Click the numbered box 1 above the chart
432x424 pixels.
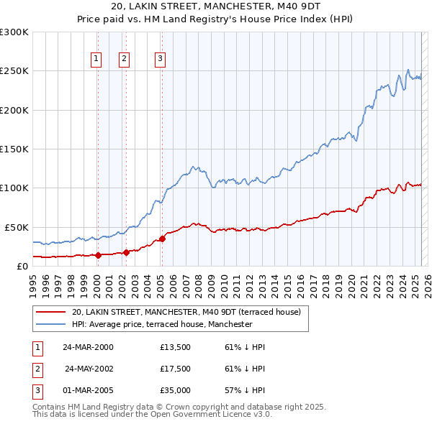point(96,60)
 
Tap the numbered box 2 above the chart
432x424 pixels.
point(125,60)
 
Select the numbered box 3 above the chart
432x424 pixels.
point(160,60)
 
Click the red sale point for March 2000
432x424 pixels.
point(97,255)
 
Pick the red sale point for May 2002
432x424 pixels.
point(125,252)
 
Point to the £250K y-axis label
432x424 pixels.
point(14,71)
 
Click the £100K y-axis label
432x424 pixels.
point(14,188)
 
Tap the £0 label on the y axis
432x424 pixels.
point(22,266)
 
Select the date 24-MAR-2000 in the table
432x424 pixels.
point(88,347)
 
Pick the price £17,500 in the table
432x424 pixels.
point(175,369)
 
